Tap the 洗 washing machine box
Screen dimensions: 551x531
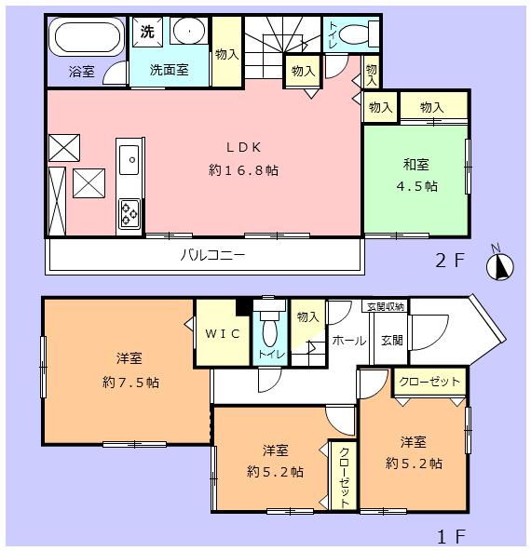point(148,32)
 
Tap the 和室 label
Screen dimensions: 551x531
point(415,165)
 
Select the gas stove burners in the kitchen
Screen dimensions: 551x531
point(129,215)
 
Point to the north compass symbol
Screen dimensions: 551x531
point(501,267)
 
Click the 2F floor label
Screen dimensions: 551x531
point(451,260)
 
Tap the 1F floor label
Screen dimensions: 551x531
point(451,537)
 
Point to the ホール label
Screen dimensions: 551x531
point(349,341)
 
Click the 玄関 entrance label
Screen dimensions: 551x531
point(391,341)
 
